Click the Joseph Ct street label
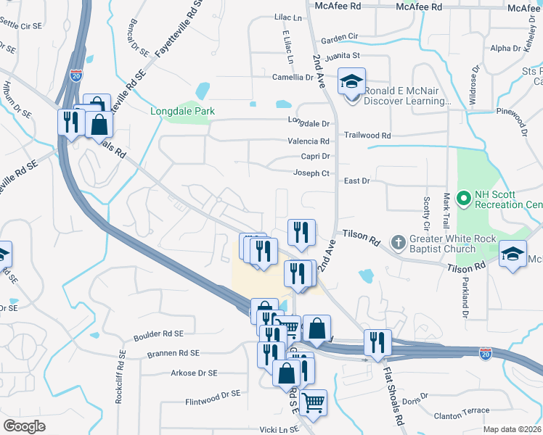[x=311, y=173]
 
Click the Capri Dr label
[x=316, y=156]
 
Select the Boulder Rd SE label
[x=159, y=337]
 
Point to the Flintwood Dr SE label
[x=213, y=395]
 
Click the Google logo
[x=24, y=426]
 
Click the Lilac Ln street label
[x=287, y=17]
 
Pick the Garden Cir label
[x=340, y=36]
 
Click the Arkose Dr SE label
[x=192, y=373]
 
